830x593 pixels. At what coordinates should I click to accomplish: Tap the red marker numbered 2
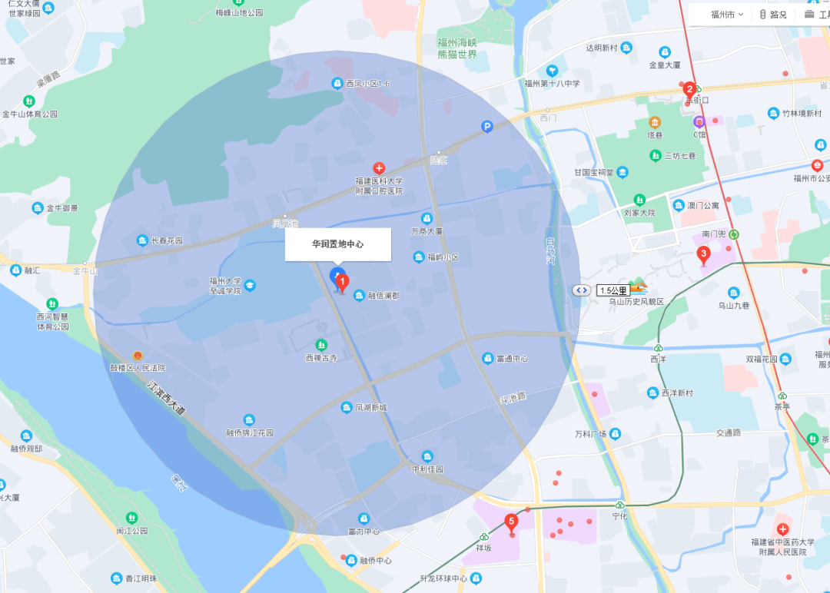[x=689, y=89]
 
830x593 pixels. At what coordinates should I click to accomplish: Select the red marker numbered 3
[x=702, y=253]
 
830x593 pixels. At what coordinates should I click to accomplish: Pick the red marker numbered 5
[x=512, y=522]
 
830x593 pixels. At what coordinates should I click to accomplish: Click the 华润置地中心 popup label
[x=338, y=244]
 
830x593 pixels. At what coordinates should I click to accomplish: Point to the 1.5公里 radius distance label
[x=613, y=290]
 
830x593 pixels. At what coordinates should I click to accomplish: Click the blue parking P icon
[x=486, y=127]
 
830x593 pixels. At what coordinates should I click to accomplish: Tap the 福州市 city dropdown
[x=725, y=15]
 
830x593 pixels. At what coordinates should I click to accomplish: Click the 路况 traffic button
[x=773, y=15]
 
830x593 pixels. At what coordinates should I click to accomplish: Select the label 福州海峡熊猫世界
[x=457, y=48]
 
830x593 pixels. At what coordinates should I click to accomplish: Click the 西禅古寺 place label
[x=321, y=358]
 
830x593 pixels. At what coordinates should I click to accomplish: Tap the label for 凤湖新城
[x=370, y=407]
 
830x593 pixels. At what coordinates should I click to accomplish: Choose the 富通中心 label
[x=512, y=359]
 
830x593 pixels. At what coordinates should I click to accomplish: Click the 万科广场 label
[x=591, y=434]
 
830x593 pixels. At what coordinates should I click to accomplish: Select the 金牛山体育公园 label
[x=30, y=114]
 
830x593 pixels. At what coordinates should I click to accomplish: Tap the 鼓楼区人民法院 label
[x=138, y=368]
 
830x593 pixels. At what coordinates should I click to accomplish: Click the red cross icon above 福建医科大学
[x=379, y=167]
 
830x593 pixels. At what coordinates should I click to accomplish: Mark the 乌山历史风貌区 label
[x=636, y=302]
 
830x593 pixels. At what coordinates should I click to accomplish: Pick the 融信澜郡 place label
[x=382, y=296]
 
